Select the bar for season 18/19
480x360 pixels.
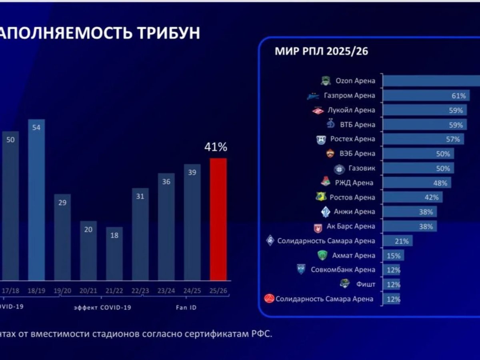36,200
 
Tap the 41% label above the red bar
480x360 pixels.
216,147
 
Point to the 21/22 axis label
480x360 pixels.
114,291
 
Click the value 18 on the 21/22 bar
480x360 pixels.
114,236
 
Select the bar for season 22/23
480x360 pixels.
140,234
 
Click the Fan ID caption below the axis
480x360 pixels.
186,308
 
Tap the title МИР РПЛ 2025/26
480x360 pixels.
321,52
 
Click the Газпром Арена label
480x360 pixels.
349,95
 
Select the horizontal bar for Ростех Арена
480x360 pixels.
423,139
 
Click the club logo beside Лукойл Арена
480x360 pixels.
318,110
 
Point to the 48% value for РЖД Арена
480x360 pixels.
440,183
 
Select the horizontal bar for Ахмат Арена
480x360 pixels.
394,255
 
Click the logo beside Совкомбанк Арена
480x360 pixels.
301,270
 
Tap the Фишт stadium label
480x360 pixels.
366,284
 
